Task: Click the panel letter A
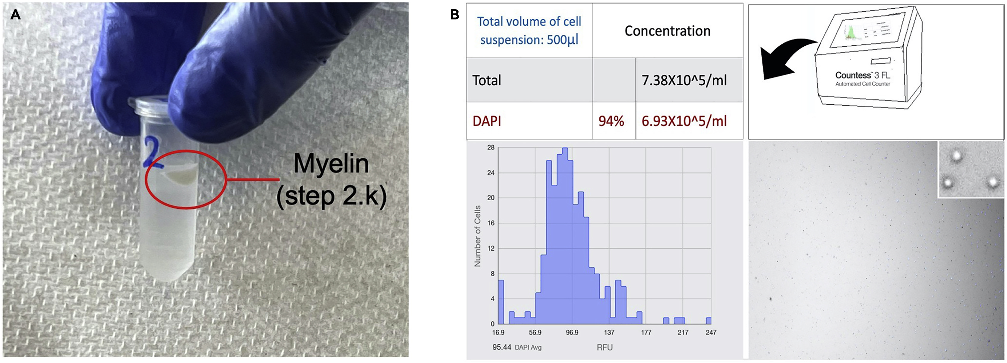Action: coord(15,15)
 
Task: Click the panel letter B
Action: coord(455,15)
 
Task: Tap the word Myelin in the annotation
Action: coord(331,164)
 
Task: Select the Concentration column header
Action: coord(667,31)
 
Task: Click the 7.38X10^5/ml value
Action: coord(684,80)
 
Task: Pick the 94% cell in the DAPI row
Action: coord(611,121)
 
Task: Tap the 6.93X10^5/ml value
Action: coord(684,121)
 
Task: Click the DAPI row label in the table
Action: coord(487,121)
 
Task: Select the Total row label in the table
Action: coord(487,80)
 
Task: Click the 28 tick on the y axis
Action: coord(491,147)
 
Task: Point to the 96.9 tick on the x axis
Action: coord(572,333)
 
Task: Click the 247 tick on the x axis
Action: coord(711,333)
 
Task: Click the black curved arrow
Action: coord(786,59)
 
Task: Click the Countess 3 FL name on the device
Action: coord(862,75)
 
